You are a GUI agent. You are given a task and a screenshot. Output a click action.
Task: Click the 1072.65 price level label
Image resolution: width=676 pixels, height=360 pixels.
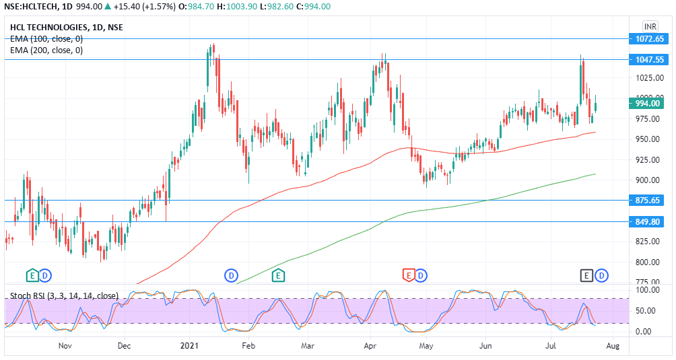tap(650, 39)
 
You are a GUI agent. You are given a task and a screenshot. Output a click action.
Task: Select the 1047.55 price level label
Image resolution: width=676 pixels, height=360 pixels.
tap(650, 60)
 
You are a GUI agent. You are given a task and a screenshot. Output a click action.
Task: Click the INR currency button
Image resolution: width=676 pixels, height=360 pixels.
tap(650, 26)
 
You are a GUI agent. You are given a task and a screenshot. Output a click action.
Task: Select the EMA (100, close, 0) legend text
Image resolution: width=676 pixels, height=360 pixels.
tap(46, 38)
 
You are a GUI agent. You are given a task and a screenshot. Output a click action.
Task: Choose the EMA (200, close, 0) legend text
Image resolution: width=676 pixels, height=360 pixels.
tap(46, 50)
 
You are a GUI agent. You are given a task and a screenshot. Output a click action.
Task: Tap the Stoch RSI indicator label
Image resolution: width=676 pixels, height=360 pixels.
tap(65, 295)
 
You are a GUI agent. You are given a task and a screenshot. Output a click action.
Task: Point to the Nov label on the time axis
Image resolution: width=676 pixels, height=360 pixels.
tap(65, 346)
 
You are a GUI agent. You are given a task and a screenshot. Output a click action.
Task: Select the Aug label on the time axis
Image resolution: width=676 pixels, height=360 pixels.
tap(612, 346)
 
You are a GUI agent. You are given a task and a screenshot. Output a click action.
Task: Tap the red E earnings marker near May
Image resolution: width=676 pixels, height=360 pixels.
tap(408, 275)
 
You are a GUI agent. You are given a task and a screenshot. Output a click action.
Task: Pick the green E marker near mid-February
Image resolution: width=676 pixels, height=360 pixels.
tap(278, 275)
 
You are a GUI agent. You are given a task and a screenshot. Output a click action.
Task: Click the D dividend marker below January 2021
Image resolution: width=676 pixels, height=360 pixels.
tap(231, 275)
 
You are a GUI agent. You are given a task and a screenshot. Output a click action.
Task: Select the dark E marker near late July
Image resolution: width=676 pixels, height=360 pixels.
tap(587, 275)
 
